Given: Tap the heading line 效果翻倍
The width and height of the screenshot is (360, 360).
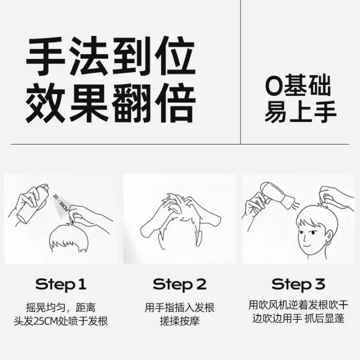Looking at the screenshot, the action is pos(110,103).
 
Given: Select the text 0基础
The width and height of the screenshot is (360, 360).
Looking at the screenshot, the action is pos(298,85).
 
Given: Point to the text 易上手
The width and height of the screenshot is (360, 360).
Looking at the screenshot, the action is pos(300,111).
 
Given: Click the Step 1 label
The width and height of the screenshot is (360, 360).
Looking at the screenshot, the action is pos(61,284).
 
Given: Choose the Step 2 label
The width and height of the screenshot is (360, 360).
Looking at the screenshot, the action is pos(180,284).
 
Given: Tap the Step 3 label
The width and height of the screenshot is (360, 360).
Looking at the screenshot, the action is pos(298,284).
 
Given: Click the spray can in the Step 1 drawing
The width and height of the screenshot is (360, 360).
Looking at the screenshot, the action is pos(33,203).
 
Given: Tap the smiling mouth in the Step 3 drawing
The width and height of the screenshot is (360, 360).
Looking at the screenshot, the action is pos(307,245).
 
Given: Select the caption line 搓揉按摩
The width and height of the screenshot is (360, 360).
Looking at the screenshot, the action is pos(180,321).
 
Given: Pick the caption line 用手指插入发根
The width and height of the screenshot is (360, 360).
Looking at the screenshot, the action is pos(180,307).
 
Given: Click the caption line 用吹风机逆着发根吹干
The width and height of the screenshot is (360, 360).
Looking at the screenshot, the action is pos(298,305).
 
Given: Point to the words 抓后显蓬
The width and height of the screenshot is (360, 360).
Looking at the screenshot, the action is pos(324,318).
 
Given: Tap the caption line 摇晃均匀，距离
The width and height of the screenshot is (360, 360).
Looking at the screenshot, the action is pos(61,307).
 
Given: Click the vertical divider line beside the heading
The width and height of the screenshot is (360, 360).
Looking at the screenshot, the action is pos(240,72).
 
